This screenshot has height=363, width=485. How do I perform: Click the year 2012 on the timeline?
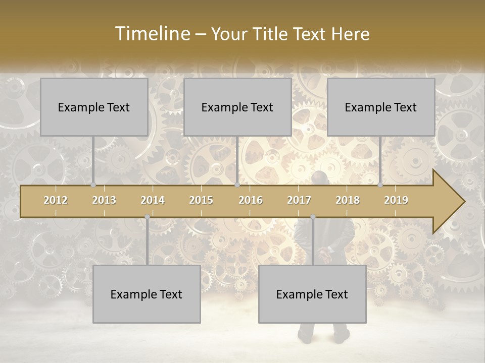56,200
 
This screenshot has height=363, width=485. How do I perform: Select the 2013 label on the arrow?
104,200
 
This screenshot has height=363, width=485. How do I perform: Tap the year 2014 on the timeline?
153,200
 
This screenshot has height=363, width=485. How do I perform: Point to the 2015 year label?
201,200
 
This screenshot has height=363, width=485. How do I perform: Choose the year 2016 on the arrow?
251,200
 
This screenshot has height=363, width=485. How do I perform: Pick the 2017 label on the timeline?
299,200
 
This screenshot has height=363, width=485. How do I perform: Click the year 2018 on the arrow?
348,200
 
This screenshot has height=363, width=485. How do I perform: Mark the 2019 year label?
396,200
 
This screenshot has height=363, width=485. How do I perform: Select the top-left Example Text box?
94,107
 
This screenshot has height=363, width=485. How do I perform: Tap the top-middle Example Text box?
237,107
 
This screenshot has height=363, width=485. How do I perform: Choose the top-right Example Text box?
381,107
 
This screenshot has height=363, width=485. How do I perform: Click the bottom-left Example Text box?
147,294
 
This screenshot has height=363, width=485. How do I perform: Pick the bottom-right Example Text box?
312,294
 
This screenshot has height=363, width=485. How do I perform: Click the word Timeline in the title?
152,34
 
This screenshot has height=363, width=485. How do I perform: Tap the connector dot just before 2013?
93,185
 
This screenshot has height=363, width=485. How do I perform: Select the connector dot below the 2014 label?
147,217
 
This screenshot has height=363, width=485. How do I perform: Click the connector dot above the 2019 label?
380,185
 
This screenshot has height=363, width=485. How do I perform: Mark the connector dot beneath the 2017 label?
313,217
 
